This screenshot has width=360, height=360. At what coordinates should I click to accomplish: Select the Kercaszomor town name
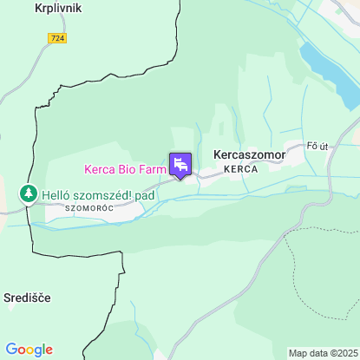[x=249, y=154]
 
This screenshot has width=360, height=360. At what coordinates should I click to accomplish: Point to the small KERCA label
[x=240, y=169]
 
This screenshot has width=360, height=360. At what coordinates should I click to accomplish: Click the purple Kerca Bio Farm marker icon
[x=180, y=164]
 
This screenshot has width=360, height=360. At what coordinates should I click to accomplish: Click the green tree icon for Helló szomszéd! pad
[x=29, y=193]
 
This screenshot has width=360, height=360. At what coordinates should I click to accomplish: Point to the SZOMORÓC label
[x=88, y=209]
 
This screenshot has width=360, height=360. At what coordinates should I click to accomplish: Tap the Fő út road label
[x=318, y=146]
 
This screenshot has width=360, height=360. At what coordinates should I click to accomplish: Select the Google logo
[x=29, y=349]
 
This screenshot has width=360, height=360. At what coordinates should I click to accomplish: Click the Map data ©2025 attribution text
[x=323, y=353]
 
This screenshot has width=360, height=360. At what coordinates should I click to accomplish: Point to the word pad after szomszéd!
[x=144, y=195]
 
